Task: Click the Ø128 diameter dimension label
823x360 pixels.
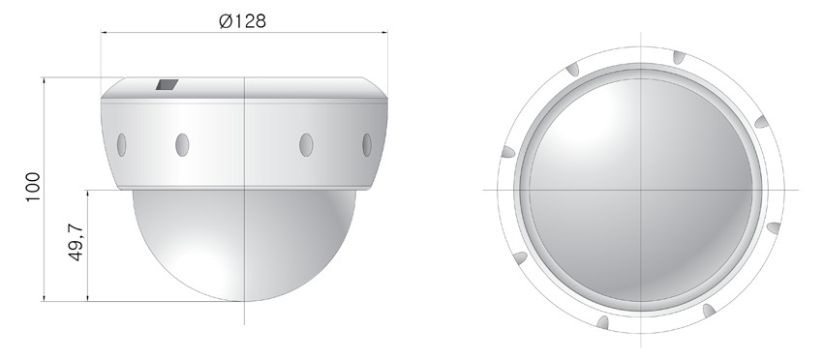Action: (242, 21)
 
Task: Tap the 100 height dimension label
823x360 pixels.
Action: (33, 187)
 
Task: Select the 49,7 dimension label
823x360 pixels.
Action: (76, 242)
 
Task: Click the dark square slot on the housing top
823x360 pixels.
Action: (167, 84)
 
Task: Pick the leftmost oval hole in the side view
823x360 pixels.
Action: (121, 145)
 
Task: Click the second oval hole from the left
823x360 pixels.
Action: (182, 145)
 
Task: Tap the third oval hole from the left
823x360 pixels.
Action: (306, 145)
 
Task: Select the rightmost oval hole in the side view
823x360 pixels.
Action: (367, 145)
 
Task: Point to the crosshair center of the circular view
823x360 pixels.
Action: (641, 190)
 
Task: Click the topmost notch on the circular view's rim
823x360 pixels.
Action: (679, 57)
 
